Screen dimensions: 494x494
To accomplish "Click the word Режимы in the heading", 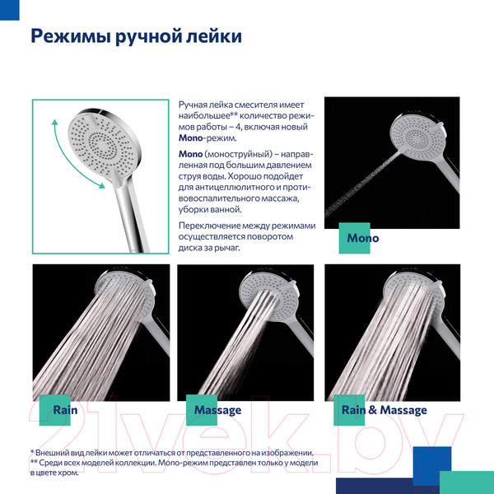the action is tap(71, 36).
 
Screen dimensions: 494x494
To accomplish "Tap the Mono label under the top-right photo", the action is tap(362, 238).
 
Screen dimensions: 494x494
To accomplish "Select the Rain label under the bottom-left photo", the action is tap(65, 410).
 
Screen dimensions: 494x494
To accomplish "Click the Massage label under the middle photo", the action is tap(217, 411).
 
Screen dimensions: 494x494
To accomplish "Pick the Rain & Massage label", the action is tap(384, 410).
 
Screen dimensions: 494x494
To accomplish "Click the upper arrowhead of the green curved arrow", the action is tap(55, 123).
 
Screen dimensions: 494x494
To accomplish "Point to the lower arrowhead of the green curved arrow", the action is tap(102, 185).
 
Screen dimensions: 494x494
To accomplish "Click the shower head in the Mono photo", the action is tap(417, 136).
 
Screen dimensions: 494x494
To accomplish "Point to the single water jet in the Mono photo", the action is tap(361, 184).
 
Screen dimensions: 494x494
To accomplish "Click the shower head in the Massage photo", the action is tap(268, 296).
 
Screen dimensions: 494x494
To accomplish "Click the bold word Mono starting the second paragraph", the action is tap(190, 154).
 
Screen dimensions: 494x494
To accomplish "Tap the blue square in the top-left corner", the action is tap(9, 10).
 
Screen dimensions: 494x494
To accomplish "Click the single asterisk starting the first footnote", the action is tap(32, 451).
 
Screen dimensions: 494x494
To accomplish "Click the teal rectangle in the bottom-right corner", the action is tap(467, 482).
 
